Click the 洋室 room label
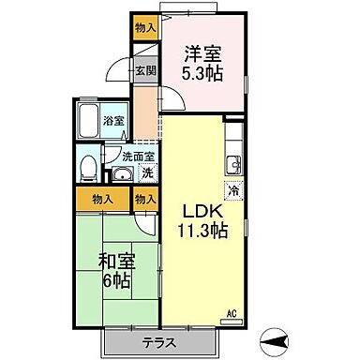tap(202, 53)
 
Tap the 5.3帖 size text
tap(202, 74)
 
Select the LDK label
tap(202, 211)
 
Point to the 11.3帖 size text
tap(202, 231)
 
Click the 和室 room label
tap(117, 262)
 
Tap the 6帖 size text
tap(117, 281)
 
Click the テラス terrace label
tap(159, 343)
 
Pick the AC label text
tap(232, 313)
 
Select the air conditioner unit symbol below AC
tap(232, 322)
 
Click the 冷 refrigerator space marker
tap(233, 190)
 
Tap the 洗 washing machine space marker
tap(147, 173)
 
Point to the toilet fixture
tap(88, 169)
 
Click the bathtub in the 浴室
tap(88, 121)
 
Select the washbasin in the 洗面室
tap(123, 174)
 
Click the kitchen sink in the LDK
tap(233, 164)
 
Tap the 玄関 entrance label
tap(145, 71)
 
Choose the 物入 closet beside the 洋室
tap(145, 28)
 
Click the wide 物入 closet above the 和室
tap(103, 199)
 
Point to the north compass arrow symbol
tap(275, 341)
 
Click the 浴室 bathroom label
tap(113, 121)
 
